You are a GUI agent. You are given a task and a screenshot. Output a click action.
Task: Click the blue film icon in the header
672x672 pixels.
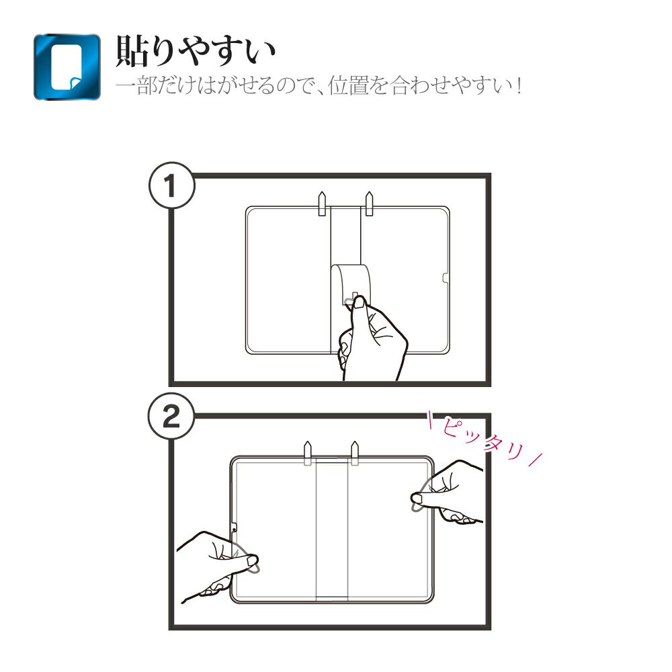[x=67, y=67]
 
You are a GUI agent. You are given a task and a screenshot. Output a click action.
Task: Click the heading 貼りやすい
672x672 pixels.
[x=195, y=51]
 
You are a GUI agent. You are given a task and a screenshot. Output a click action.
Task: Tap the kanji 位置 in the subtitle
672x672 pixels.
[x=348, y=85]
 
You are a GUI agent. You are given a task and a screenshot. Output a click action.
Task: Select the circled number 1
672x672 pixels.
[x=171, y=185]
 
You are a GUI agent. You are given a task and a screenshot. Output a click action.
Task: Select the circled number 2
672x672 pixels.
[x=171, y=416]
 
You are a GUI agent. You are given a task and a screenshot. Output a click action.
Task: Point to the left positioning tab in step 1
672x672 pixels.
[x=322, y=204]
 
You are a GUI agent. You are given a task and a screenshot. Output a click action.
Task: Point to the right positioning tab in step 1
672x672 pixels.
[x=368, y=204]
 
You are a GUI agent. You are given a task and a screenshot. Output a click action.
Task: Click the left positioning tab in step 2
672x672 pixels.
[x=307, y=452]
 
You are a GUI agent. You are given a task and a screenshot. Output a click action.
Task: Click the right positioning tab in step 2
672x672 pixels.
[x=354, y=452]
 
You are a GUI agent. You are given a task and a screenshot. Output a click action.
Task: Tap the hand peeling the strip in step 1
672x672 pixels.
[x=371, y=339]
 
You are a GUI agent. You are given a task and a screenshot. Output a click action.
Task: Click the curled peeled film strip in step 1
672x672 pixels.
[x=350, y=283]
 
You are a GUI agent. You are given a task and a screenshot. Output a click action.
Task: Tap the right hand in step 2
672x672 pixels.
[x=448, y=493]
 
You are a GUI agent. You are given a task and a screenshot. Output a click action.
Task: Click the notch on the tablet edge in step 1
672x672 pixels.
[x=446, y=278]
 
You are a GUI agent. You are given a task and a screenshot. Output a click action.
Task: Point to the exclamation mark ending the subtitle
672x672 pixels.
[x=519, y=86]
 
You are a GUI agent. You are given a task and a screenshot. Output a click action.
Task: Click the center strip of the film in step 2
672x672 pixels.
[x=332, y=530]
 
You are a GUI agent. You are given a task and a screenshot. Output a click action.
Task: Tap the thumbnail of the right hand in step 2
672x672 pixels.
[x=417, y=497]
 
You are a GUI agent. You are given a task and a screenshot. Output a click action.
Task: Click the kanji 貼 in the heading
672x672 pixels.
[x=132, y=51]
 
